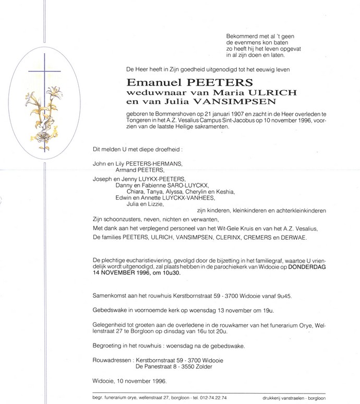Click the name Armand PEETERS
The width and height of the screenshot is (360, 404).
139,170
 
